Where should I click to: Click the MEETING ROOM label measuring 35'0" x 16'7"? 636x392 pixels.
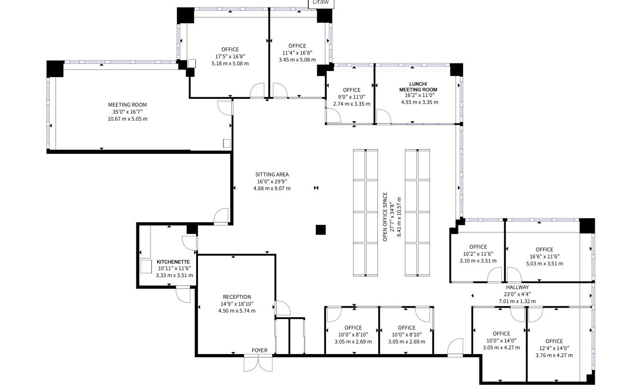coord(127,105)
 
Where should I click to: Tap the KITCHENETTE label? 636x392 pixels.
coord(173,262)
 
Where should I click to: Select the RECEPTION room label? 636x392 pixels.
coord(237,297)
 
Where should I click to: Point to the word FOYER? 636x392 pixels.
coord(260,350)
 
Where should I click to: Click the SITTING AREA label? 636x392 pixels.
coord(272,175)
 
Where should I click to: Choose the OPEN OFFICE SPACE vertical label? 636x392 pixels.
coord(385,217)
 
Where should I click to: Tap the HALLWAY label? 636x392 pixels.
coord(517,287)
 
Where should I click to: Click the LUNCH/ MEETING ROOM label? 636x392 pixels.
coord(418,87)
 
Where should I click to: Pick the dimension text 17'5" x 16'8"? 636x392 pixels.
coord(230,56)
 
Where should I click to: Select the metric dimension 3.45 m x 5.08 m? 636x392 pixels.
coord(297,60)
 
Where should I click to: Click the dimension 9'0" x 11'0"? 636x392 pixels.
coord(351,97)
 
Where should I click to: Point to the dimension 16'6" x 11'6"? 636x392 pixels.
coord(545,257)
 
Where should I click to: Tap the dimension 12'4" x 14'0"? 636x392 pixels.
coord(554,348)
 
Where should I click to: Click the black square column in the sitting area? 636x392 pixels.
coord(321,230)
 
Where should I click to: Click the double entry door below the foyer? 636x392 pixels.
coord(258,363)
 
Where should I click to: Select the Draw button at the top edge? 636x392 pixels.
coord(321,3)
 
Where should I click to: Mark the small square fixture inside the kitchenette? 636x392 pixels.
coord(146,267)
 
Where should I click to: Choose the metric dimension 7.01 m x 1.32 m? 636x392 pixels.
coord(517,301)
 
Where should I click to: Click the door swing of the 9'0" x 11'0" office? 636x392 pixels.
coord(333,116)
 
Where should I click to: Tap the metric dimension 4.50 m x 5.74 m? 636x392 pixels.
coord(237,311)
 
